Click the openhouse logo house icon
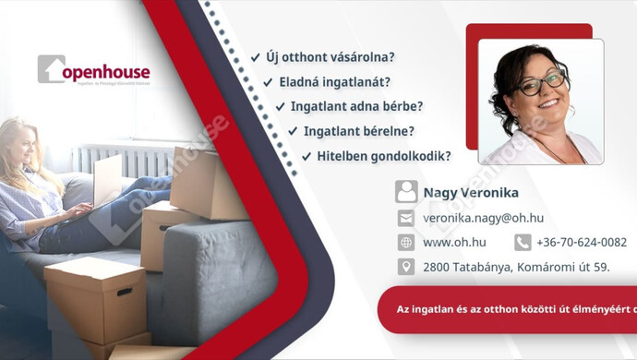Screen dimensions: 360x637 point(51,69)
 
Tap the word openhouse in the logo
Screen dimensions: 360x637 point(107,72)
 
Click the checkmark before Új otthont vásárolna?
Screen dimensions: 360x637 point(255,57)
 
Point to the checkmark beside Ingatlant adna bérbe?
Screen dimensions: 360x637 point(280,106)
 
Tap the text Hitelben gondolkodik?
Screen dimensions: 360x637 point(383,156)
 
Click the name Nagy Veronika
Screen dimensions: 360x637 point(471,193)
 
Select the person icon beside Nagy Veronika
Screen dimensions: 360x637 point(406,192)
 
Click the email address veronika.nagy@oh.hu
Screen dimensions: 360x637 point(483,218)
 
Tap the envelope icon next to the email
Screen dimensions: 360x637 point(406,218)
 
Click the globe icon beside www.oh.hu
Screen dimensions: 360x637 point(406,243)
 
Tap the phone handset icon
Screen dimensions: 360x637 point(523,243)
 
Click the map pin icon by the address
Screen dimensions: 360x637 point(406,267)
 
